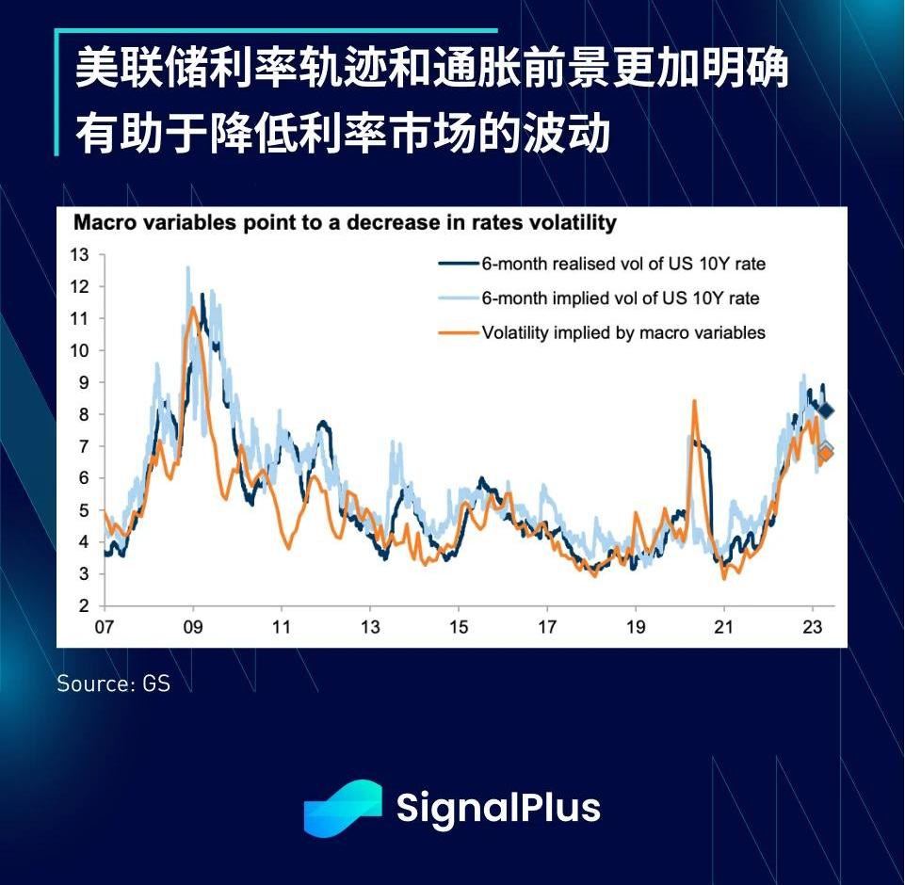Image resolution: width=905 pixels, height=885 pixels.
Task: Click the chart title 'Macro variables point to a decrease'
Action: (x=345, y=224)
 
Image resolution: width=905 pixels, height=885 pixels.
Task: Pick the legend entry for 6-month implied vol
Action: (x=620, y=298)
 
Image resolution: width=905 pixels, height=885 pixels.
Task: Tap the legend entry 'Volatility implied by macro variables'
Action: (x=622, y=332)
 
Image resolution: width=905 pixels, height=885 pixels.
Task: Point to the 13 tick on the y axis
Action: (x=79, y=254)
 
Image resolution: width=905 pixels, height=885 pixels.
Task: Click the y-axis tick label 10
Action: (x=79, y=350)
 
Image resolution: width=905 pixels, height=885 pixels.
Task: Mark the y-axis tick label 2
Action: (x=83, y=605)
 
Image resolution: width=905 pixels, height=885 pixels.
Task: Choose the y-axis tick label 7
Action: (x=83, y=446)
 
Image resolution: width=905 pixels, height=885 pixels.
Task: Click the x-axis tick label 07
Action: (x=104, y=626)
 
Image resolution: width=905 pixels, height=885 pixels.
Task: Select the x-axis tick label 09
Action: (x=193, y=626)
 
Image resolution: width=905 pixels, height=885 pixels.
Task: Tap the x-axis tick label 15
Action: (x=459, y=626)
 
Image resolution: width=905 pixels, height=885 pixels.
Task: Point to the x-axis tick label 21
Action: (x=724, y=626)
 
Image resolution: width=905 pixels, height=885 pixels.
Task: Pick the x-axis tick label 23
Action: (x=813, y=626)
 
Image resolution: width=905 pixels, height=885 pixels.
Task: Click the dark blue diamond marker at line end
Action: (x=826, y=410)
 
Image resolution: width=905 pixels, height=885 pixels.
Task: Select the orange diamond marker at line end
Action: (x=825, y=454)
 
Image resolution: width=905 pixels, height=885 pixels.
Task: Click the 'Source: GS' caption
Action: (x=113, y=684)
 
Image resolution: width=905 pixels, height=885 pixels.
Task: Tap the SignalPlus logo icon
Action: (x=342, y=808)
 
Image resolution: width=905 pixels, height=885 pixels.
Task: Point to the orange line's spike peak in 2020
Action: (x=694, y=401)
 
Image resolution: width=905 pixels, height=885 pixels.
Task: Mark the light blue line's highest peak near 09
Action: (x=187, y=267)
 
